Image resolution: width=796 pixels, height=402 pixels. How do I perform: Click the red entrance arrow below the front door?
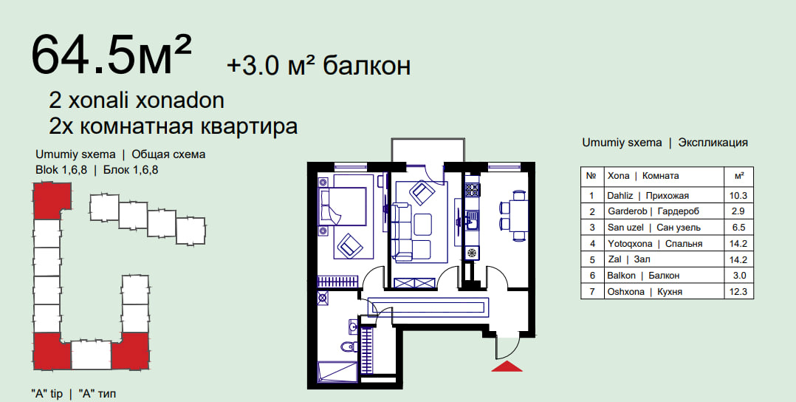507,367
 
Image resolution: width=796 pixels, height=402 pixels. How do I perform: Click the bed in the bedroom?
342,206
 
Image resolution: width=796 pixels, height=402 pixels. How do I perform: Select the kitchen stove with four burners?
473,190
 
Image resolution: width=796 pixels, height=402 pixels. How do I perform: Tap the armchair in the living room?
422,192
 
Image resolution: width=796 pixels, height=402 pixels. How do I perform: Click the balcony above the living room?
427,150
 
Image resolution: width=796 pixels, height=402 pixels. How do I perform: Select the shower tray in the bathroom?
337,371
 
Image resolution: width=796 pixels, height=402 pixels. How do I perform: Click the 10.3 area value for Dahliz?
738,195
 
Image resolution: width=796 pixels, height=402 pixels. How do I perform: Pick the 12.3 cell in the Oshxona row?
738,292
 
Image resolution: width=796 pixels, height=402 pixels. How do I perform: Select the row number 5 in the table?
592,259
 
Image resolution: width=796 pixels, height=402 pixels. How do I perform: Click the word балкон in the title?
366,66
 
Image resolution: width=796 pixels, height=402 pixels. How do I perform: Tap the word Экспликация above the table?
713,143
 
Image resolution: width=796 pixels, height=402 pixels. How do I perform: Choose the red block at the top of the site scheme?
52,201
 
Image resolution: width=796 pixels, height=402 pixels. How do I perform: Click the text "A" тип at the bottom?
97,394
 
